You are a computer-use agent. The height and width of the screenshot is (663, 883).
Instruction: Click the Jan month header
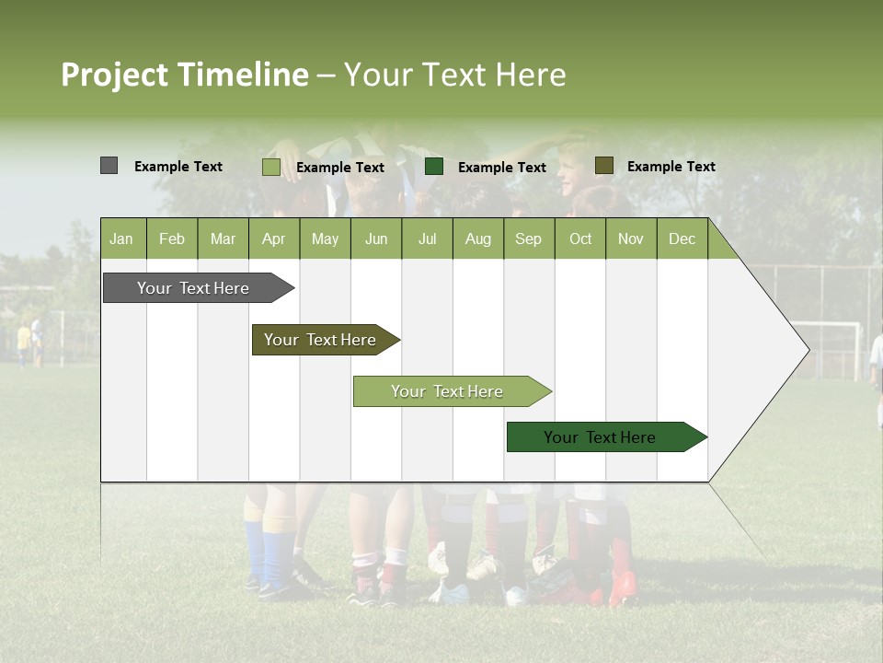click(x=121, y=238)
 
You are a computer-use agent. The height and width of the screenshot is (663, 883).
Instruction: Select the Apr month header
click(x=273, y=238)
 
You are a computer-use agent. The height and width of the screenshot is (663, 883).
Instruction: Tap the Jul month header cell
click(x=427, y=238)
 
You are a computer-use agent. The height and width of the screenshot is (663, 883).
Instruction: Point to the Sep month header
click(x=528, y=238)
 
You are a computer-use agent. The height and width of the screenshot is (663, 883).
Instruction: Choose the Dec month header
click(x=682, y=238)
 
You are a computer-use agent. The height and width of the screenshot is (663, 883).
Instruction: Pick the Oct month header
click(x=580, y=238)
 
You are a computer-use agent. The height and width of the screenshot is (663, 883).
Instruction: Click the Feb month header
click(x=172, y=238)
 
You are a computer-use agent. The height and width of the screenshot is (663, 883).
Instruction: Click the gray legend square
click(x=109, y=166)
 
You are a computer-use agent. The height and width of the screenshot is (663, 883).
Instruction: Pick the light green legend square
click(x=270, y=167)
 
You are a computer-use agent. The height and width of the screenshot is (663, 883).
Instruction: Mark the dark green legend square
click(x=434, y=167)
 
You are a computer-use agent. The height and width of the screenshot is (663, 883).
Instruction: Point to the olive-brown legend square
click(x=603, y=166)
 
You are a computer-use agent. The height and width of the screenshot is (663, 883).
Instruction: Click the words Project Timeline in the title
click(x=184, y=75)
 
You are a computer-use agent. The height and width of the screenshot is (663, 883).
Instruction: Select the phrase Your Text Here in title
click(x=454, y=75)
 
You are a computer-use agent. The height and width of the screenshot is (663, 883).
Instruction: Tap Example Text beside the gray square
click(x=178, y=167)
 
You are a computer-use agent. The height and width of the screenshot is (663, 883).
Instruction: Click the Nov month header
click(x=631, y=238)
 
